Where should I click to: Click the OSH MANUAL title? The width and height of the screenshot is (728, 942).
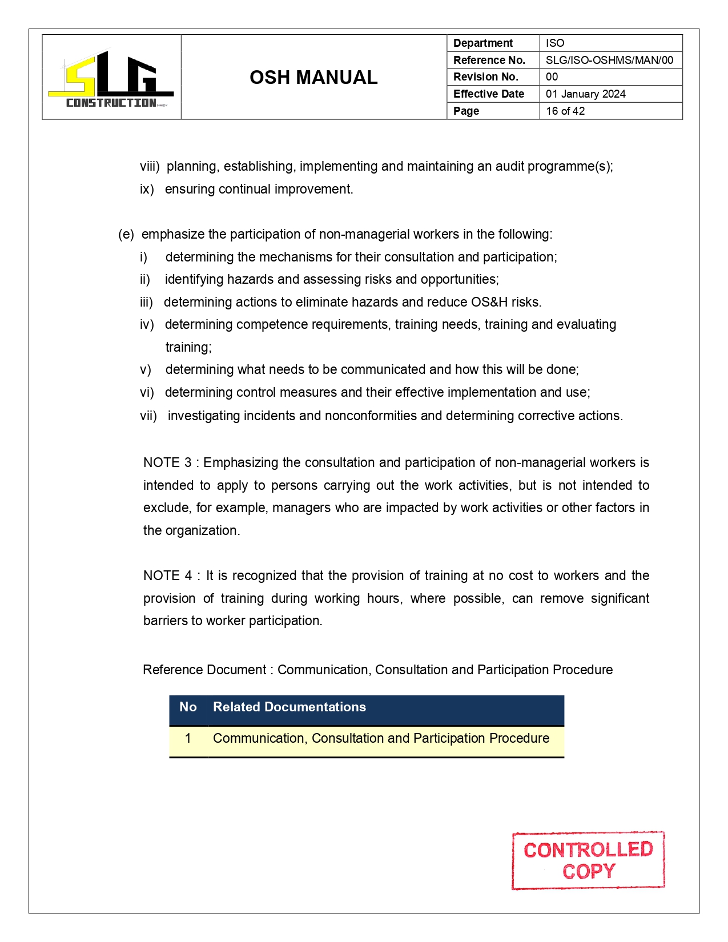[x=313, y=78]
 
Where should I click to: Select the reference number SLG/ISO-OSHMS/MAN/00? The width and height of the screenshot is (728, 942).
[x=609, y=60]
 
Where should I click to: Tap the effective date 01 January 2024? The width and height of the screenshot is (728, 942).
[x=585, y=94]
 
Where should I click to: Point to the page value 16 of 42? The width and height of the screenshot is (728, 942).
[x=565, y=111]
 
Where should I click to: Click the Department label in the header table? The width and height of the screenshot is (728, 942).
[x=482, y=43]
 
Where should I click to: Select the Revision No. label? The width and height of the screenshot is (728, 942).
[x=485, y=77]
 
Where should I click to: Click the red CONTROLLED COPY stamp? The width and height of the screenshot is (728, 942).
[x=588, y=860]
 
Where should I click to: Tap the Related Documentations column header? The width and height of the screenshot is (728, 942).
[x=289, y=707]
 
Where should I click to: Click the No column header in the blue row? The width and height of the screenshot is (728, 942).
[x=188, y=707]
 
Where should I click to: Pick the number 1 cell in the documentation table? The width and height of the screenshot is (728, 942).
[x=188, y=738]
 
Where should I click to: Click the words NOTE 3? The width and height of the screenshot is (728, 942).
[x=167, y=462]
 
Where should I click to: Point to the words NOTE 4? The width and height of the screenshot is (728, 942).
[x=167, y=575]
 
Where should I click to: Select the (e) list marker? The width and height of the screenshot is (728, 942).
[x=126, y=234]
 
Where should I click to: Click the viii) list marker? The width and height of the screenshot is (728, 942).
[x=149, y=166]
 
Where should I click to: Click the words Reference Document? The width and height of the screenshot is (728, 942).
[x=204, y=670]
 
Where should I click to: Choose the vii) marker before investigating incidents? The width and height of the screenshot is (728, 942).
[x=148, y=416]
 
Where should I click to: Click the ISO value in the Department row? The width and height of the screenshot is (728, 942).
[x=554, y=43]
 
